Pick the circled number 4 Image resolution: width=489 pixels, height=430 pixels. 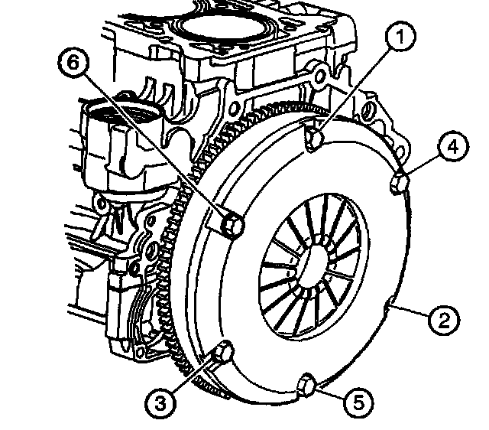[x=452, y=147]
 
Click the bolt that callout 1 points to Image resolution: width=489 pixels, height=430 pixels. [x=313, y=138]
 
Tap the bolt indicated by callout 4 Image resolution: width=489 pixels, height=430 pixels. [x=398, y=184]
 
